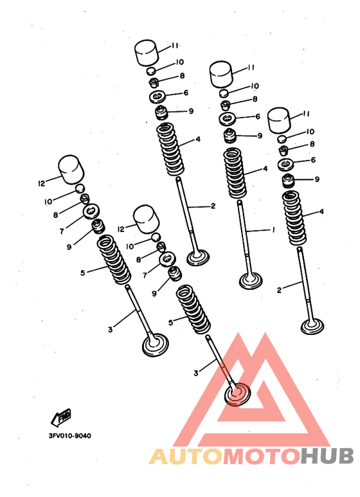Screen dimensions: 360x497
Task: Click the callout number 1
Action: tap(273, 230)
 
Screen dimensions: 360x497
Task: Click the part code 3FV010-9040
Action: tap(69, 436)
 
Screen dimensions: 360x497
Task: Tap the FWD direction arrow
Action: tap(61, 418)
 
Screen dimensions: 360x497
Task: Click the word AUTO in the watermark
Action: tap(186, 456)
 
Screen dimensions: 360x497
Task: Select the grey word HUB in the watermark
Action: tap(327, 456)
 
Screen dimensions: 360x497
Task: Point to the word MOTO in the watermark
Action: tap(262, 456)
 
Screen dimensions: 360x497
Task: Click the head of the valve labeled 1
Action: tap(250, 281)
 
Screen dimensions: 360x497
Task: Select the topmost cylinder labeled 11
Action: tap(147, 53)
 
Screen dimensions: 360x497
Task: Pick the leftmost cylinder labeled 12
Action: tap(71, 169)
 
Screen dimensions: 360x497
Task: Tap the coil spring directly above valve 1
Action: tap(235, 174)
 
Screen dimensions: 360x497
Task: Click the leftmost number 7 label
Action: tap(62, 231)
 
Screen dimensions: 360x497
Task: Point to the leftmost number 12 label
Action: tap(42, 183)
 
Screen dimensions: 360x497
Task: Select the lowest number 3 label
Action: tap(196, 373)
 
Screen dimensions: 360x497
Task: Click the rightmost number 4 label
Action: tap(321, 212)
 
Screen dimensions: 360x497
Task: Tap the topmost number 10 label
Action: tap(180, 62)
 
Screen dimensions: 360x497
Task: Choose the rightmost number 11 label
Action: tap(306, 113)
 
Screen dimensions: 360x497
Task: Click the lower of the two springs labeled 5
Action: tap(193, 309)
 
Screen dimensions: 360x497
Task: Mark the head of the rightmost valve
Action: tap(312, 327)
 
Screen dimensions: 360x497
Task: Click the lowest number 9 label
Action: tap(154, 294)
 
